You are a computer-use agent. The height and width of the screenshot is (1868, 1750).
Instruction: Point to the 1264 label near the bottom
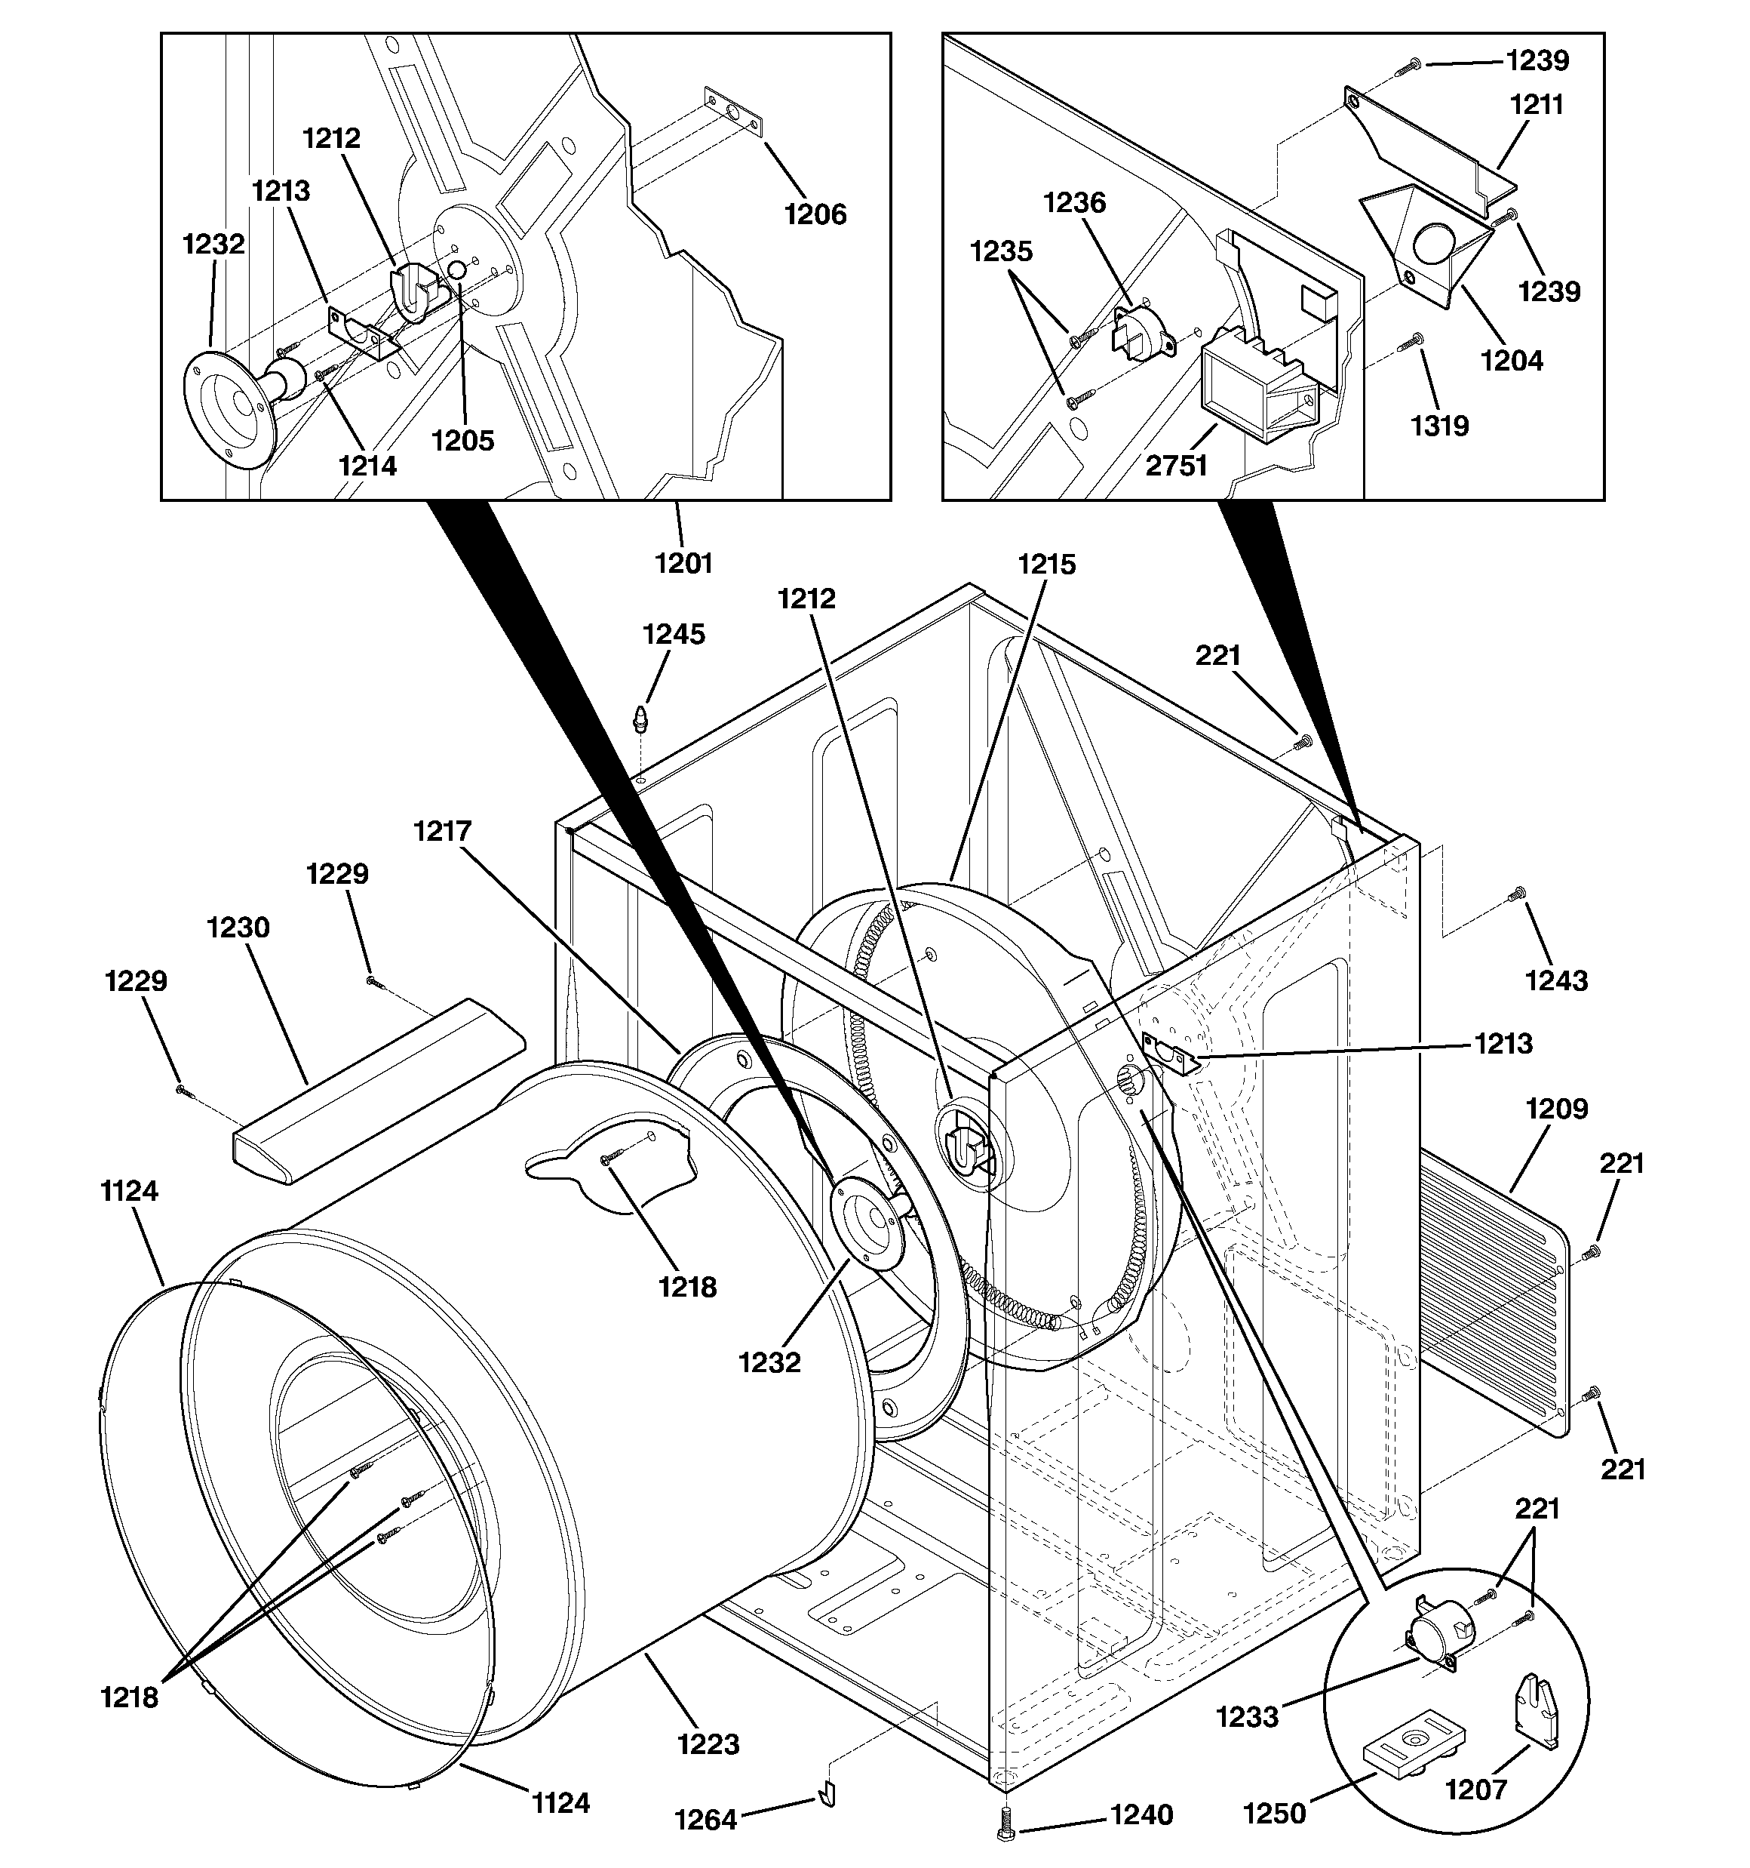pos(705,1820)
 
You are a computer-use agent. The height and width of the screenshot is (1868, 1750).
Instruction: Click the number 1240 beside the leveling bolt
pos(1141,1814)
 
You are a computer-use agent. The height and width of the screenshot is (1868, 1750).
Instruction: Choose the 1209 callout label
pos(1556,1109)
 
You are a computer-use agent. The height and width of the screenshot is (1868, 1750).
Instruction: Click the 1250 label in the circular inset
pos(1275,1814)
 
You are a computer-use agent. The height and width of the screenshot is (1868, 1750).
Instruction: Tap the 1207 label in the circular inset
pos(1475,1790)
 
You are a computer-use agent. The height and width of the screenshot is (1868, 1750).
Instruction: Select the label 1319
pos(1439,426)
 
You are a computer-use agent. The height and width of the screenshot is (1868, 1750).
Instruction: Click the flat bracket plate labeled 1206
pos(732,107)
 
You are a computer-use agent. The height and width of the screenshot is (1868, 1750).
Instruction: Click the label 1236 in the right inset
pos(1075,202)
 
